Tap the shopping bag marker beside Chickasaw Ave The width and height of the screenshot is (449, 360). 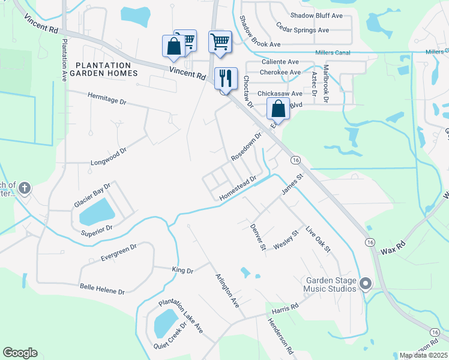278,109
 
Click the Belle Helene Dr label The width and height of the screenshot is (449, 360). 102,288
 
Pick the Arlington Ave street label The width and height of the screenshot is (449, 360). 228,290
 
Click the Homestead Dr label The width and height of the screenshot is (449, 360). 238,188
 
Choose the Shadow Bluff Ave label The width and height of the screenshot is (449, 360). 316,16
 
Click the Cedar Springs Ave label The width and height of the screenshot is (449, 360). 303,29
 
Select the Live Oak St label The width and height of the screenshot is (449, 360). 318,239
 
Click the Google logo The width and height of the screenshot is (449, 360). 20,353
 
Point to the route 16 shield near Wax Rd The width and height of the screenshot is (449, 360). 370,241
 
